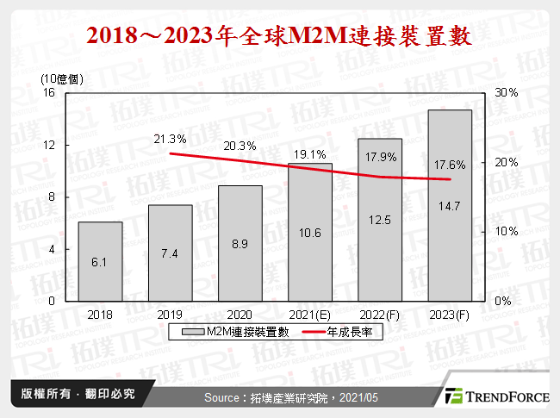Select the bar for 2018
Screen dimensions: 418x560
100,261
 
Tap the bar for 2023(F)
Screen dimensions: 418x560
450,205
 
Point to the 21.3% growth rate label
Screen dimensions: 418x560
170,139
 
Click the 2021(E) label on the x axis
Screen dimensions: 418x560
310,315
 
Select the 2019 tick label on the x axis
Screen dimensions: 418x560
170,315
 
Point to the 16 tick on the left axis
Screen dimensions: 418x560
49,92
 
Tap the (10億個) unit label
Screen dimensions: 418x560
63,78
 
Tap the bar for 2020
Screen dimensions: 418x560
240,243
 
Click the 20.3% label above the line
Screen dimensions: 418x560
240,146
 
